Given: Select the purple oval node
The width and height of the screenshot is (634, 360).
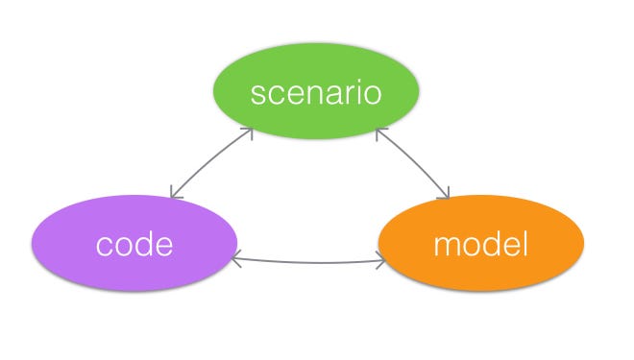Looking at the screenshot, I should tap(134, 245).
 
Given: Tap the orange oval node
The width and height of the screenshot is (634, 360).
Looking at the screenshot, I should tap(481, 247).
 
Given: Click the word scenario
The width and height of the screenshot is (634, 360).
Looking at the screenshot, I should tap(316, 94).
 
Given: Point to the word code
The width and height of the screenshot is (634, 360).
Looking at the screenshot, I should tap(134, 245).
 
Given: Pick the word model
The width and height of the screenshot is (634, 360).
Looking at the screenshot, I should tap(481, 245).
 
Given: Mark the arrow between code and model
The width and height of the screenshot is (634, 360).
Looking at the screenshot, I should tap(308, 262).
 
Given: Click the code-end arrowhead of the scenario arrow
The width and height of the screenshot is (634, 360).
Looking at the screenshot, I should tap(172, 195).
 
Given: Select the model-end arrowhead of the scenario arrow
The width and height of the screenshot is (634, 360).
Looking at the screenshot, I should tap(447, 197).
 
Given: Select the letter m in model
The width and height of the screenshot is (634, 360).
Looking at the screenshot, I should tap(448, 247).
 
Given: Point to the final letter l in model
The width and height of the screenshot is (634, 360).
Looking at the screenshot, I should tap(525, 244).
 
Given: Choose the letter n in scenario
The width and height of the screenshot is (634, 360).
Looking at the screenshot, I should tap(322, 95).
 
